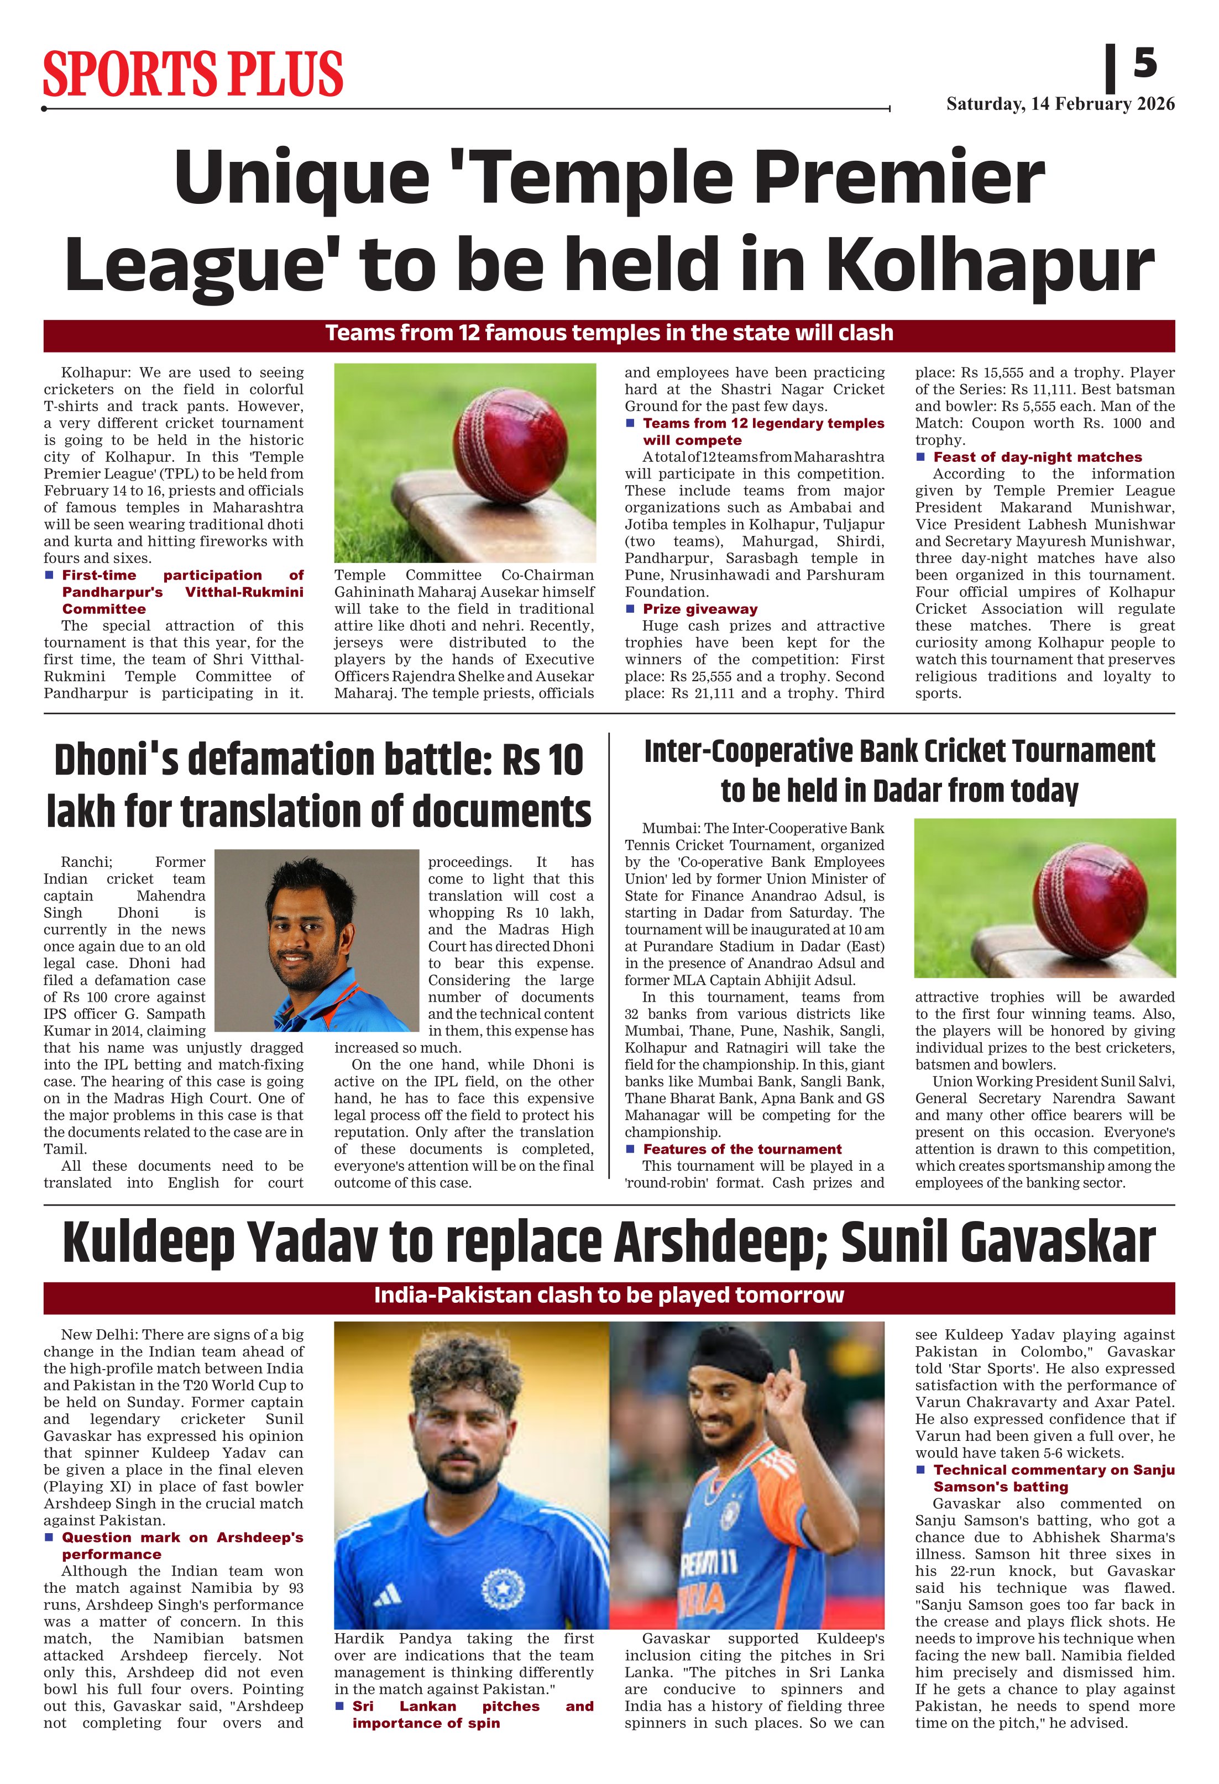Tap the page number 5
1144,62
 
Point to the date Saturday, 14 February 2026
1060,104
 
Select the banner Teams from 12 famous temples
609,334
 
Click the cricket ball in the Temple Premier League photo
511,445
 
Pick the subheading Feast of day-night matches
1037,457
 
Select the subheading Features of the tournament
742,1149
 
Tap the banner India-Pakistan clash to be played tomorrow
609,1296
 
